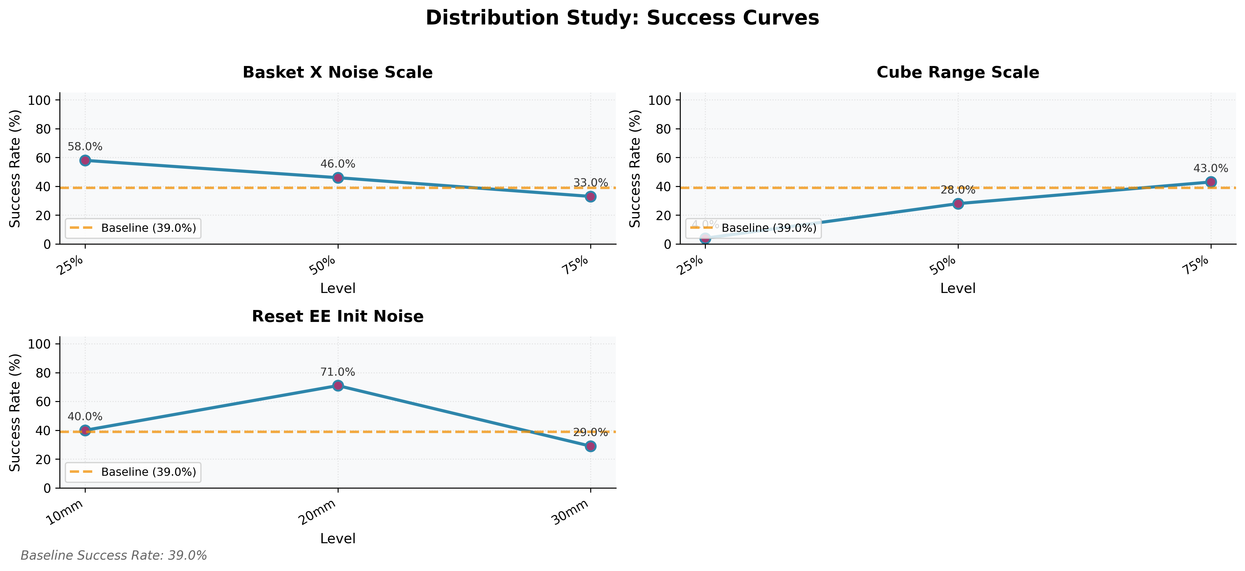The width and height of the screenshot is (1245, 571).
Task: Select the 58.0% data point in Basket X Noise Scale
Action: [85, 160]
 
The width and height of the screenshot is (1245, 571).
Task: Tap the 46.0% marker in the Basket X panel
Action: [338, 177]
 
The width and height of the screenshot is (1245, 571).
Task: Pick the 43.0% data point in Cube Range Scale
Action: [1211, 182]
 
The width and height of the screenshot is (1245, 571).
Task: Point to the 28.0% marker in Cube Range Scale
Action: [958, 204]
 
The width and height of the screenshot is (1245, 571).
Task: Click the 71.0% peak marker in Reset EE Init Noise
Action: [338, 385]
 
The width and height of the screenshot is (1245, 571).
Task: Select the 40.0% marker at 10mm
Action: [85, 430]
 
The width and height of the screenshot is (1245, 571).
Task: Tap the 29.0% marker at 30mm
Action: [590, 446]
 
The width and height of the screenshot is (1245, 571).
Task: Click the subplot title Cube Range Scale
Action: [957, 73]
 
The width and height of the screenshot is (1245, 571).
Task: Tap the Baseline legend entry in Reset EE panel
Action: [133, 472]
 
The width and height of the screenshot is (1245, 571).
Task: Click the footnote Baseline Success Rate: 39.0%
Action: [113, 555]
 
